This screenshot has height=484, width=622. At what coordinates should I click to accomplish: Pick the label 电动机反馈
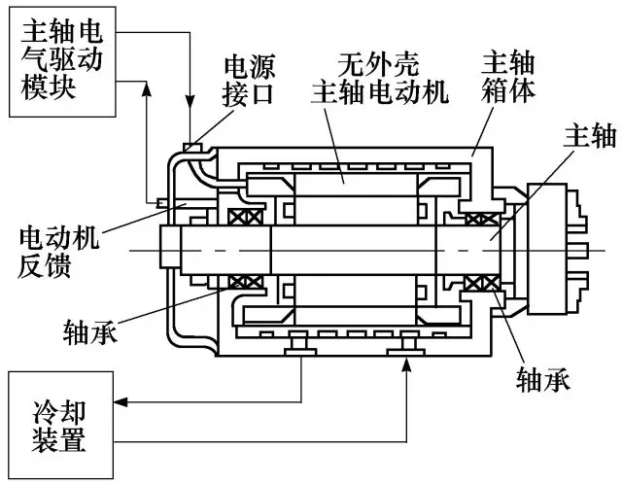click(61, 252)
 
